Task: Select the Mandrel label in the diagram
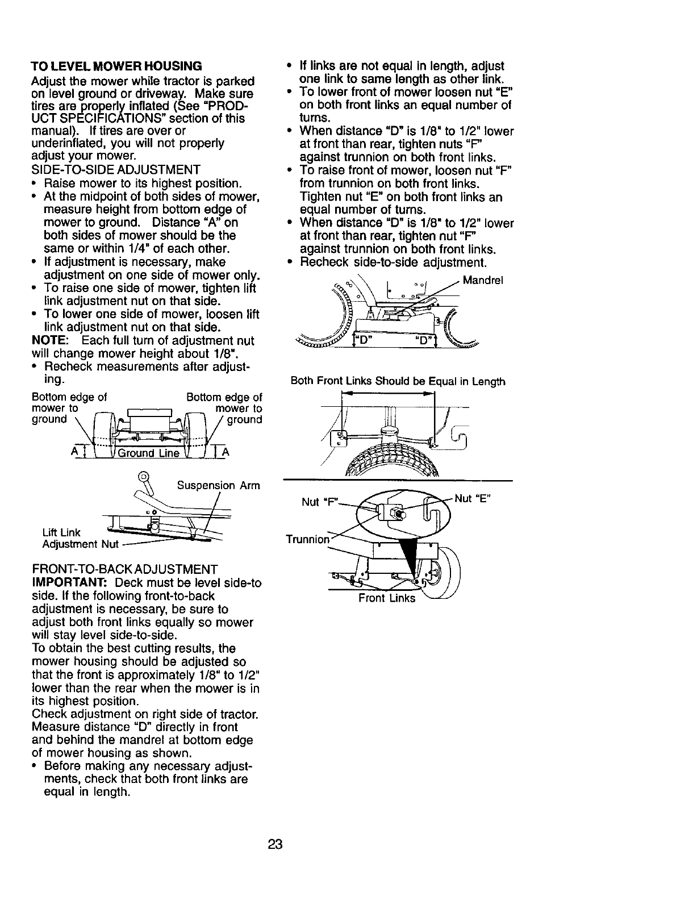point(483,280)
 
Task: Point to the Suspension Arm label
point(218,486)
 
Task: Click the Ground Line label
point(147,453)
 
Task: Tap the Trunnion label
point(307,539)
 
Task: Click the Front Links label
point(386,598)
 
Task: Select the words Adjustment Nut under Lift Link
point(81,545)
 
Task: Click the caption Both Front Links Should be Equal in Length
point(398,381)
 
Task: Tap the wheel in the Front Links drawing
point(449,574)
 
